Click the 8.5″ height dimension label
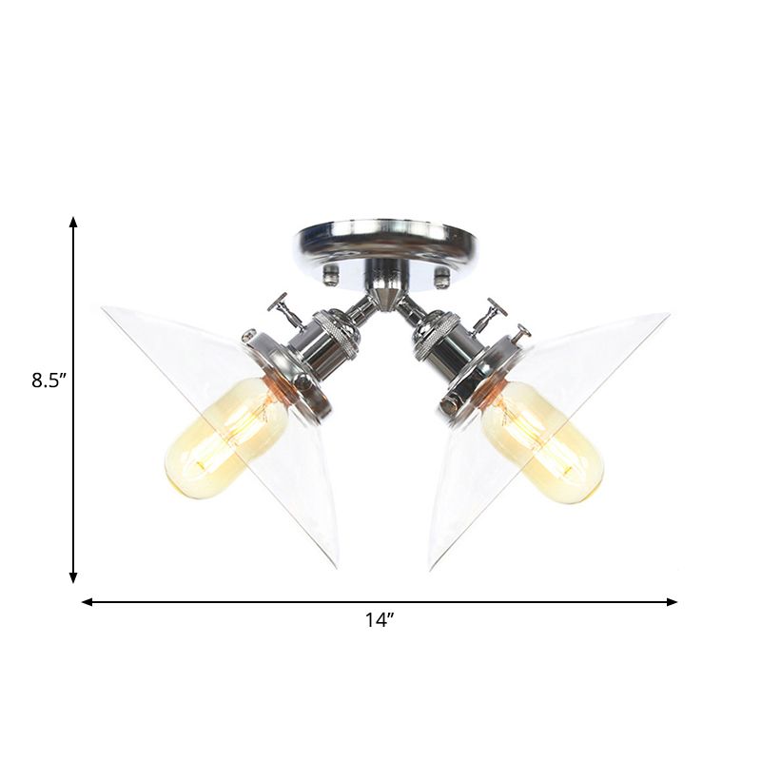coord(49,380)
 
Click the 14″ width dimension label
coord(379,620)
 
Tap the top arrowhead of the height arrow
coord(73,222)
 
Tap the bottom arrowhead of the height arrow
coord(73,577)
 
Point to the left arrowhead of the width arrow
coord(88,602)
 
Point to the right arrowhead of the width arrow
coord(672,602)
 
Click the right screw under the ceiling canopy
coord(441,279)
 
